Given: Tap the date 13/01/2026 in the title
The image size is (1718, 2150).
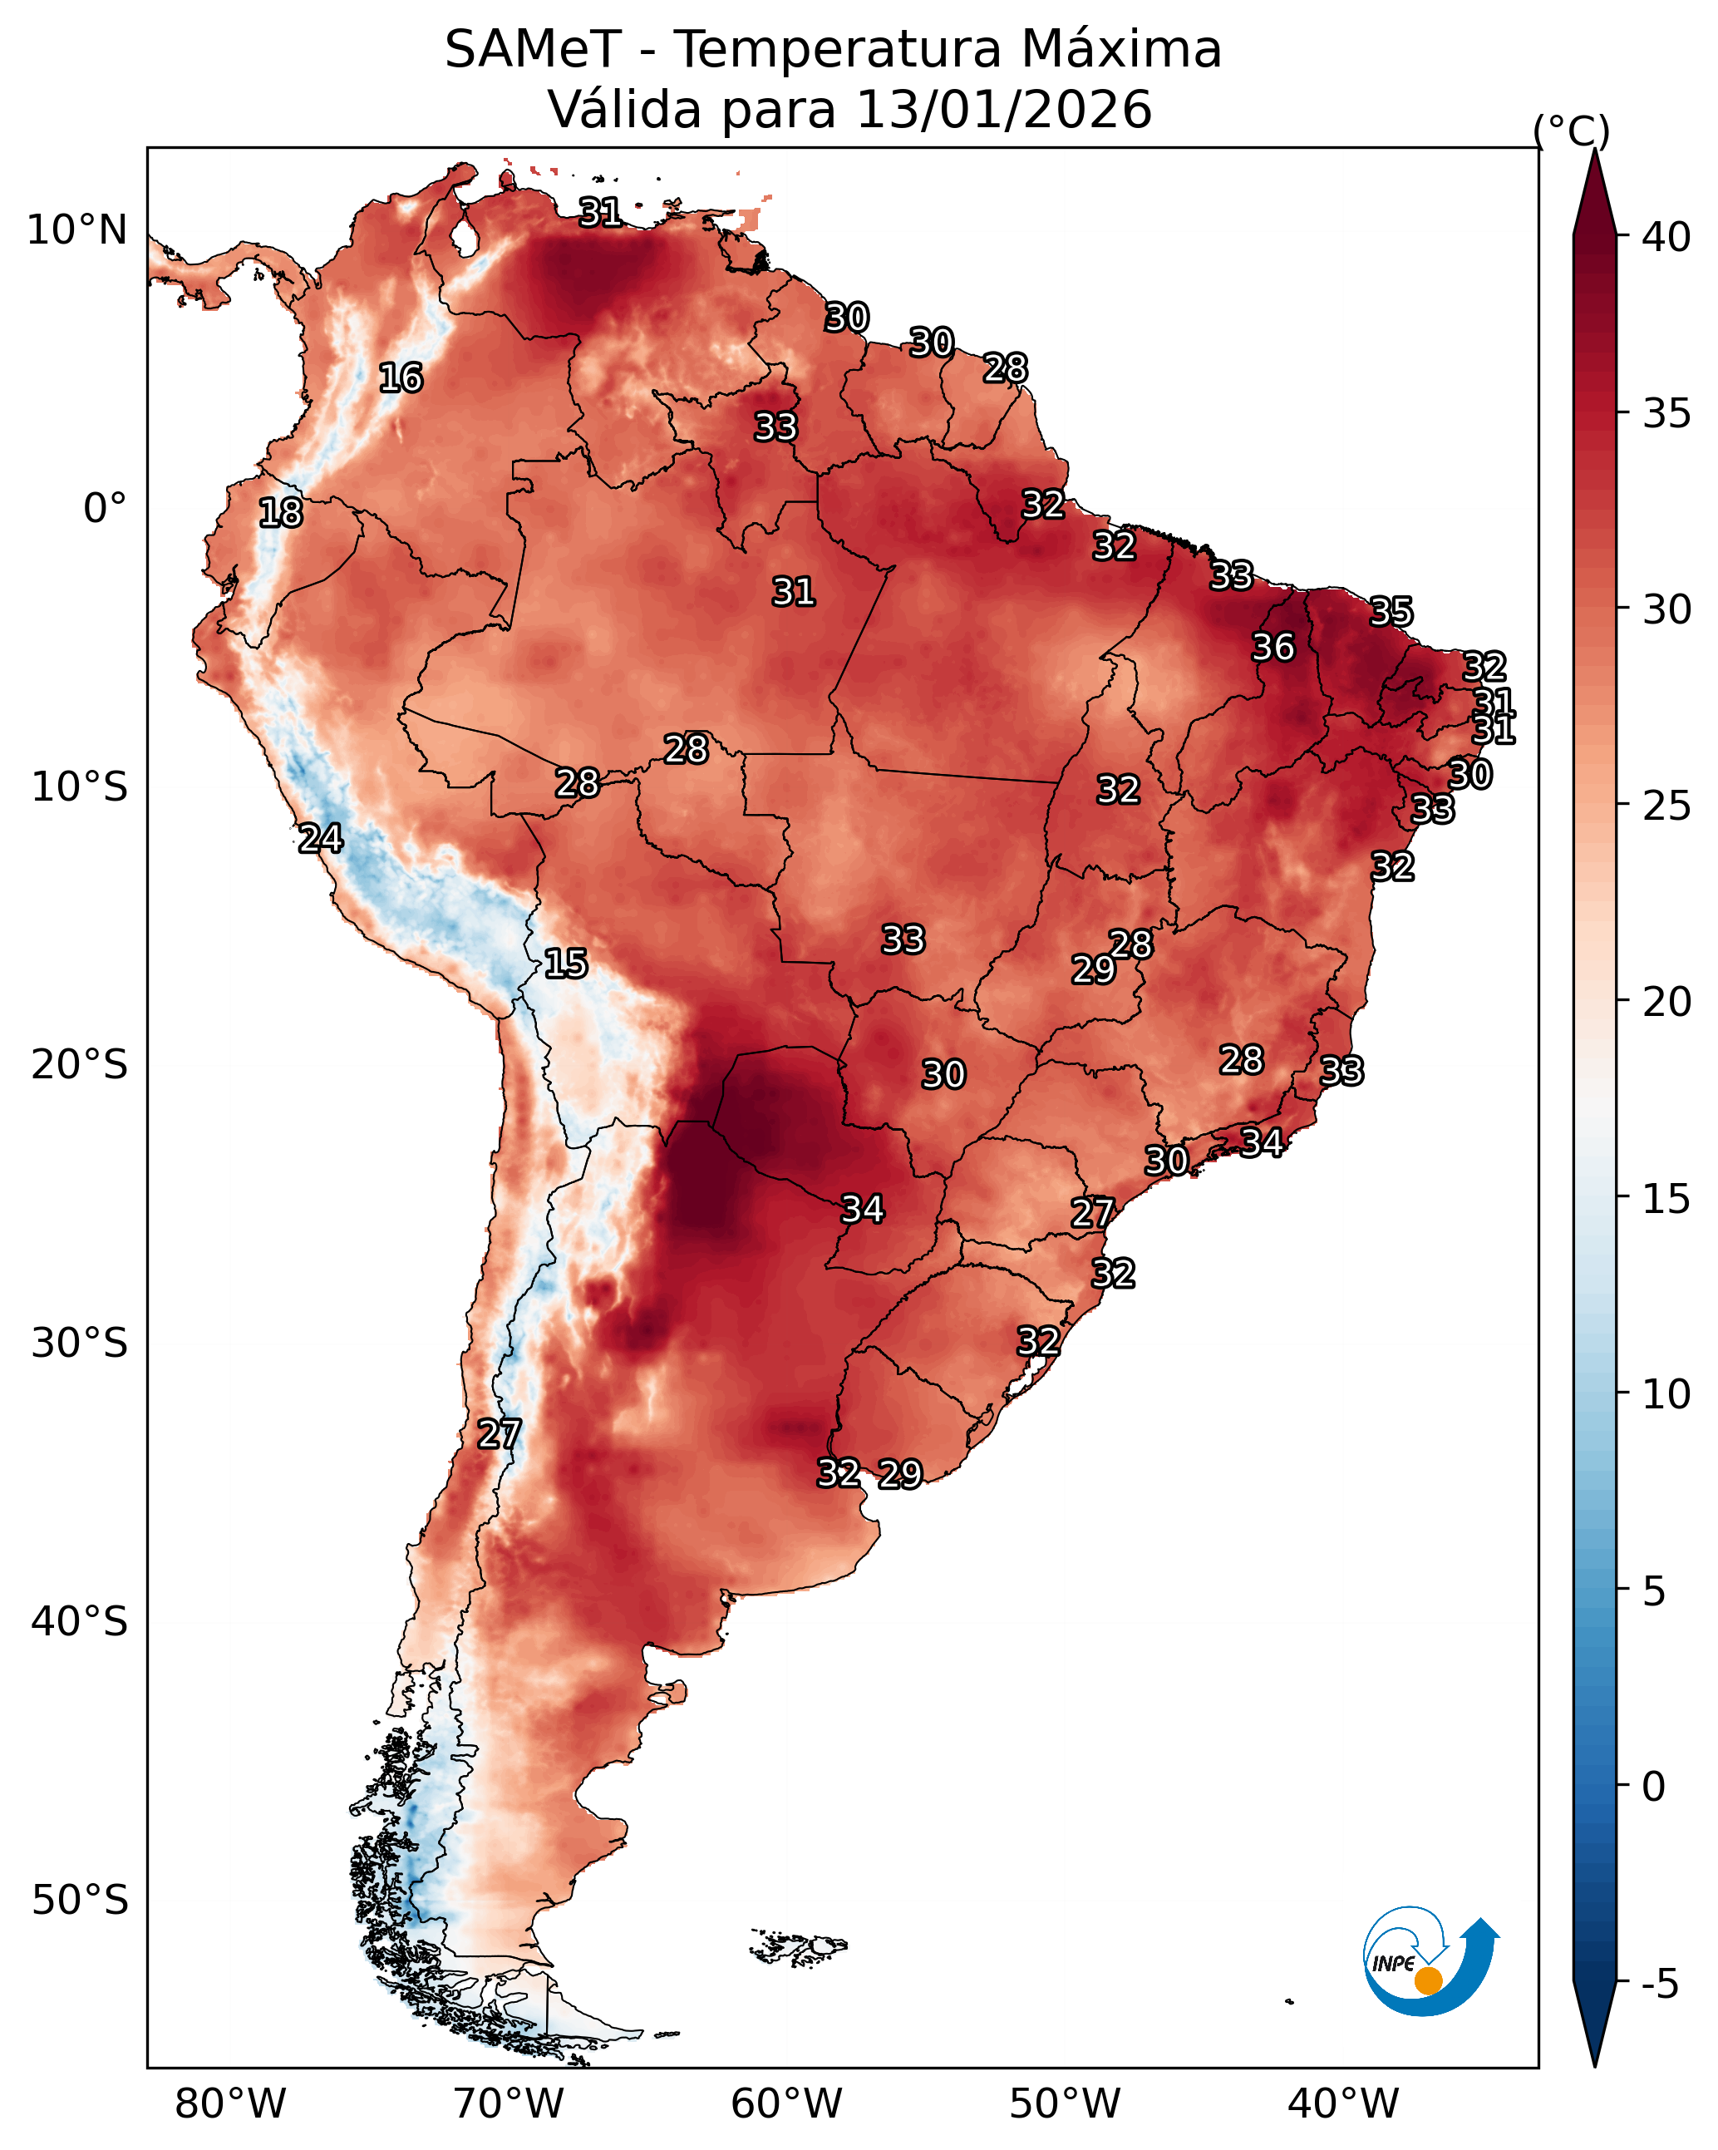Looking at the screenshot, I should coord(1003,110).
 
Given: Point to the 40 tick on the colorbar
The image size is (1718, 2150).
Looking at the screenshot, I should coord(1665,237).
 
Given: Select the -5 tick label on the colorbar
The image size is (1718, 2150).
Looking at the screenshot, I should coord(1665,1985).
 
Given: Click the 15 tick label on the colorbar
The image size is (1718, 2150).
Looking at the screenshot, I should coord(1665,1199).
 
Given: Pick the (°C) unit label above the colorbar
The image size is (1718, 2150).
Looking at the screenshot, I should coord(1570,131).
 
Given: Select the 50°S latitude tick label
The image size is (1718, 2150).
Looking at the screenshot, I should coord(80,1901).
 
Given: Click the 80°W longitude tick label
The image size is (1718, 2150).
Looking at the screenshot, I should coord(230,2104).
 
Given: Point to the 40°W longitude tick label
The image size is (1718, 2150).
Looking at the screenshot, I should coord(1343,2104).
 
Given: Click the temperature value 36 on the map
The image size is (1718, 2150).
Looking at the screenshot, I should coord(1273,647).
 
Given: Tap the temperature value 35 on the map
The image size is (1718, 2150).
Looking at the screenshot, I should coord(1391,611).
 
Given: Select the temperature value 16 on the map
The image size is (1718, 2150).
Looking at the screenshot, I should coord(401,378).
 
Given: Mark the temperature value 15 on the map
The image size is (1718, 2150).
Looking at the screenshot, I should coord(565,964).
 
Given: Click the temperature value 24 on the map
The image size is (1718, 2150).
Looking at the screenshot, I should coord(320,839).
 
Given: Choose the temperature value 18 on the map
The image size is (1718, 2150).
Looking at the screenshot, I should coord(280,513).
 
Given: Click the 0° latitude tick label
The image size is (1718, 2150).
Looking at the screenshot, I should coord(105,509).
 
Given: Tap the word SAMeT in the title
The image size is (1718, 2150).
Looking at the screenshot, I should coord(534,50).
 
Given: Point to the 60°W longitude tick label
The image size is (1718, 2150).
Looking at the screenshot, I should coord(787,2104).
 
